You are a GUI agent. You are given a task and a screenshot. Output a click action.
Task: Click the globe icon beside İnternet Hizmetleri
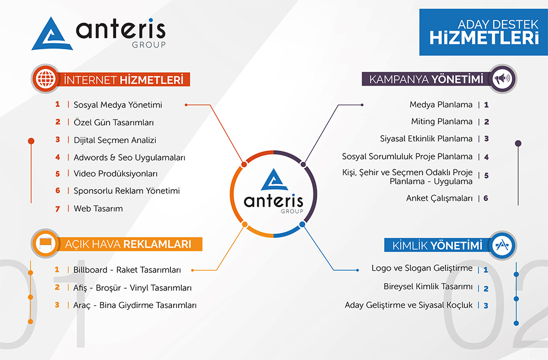(x=46, y=78)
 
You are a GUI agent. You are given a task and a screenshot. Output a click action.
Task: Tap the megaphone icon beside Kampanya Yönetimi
(x=502, y=79)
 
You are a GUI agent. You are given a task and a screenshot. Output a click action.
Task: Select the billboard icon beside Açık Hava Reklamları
(x=46, y=243)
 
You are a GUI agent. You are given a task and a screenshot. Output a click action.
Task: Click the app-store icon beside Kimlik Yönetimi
(x=502, y=245)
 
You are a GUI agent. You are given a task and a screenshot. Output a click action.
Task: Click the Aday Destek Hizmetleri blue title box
(x=484, y=32)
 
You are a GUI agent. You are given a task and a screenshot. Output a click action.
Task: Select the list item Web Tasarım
(x=98, y=209)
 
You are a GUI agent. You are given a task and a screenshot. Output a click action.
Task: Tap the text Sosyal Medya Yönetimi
(x=118, y=105)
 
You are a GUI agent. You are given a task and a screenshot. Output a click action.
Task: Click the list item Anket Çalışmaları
(x=439, y=198)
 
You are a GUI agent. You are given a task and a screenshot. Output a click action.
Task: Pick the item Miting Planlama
(x=442, y=122)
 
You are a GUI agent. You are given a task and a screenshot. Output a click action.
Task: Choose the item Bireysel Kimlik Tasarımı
(x=428, y=287)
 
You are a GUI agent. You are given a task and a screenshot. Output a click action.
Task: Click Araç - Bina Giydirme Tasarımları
(x=135, y=305)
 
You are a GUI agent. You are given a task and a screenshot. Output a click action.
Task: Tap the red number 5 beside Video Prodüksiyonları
(x=58, y=174)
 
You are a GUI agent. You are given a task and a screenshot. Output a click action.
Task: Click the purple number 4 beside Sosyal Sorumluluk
(x=486, y=157)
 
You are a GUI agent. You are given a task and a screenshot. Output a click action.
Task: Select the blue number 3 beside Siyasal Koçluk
(x=486, y=305)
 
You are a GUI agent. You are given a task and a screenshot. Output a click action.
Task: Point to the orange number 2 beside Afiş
(x=58, y=287)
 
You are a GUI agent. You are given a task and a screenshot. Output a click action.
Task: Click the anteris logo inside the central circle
(x=274, y=192)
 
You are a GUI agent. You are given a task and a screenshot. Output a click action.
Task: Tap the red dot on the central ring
(x=244, y=164)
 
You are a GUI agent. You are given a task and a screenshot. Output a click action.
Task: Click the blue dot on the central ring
(x=302, y=225)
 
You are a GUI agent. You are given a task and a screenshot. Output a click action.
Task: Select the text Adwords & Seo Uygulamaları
(x=129, y=158)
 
